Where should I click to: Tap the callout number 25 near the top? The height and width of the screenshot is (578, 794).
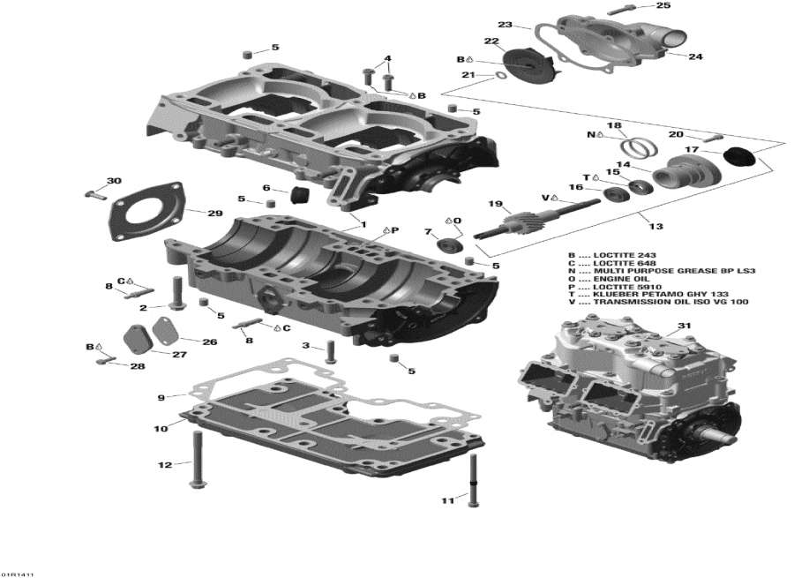[663, 6]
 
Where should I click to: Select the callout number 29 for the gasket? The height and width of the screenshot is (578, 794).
[214, 214]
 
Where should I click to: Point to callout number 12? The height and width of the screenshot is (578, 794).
[165, 464]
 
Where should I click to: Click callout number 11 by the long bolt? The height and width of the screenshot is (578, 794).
[447, 501]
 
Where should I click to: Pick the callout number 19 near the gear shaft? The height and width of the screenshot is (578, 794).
[494, 204]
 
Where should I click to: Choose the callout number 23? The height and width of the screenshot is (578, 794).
[505, 24]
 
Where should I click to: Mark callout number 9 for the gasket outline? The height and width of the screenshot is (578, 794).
[161, 398]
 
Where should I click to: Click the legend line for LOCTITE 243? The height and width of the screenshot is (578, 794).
[626, 256]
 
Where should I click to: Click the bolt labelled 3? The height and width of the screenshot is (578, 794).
[331, 352]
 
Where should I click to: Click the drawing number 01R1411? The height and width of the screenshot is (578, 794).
[18, 573]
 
